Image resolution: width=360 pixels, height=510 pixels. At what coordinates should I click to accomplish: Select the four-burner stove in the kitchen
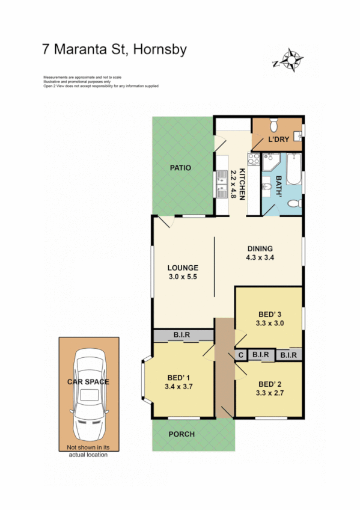tap(254, 160)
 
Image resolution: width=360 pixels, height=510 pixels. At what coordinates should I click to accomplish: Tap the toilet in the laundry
tap(274, 125)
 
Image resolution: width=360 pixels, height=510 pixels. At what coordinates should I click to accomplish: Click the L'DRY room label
tap(279, 140)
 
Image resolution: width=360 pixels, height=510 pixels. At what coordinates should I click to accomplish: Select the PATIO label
tap(180, 168)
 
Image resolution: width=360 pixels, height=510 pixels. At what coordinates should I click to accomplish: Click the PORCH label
tap(181, 434)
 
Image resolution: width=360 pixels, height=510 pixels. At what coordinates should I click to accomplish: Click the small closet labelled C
tap(241, 355)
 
